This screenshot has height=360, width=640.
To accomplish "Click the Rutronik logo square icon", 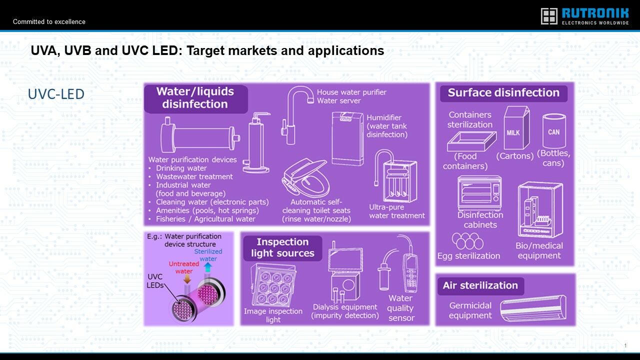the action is point(549,16).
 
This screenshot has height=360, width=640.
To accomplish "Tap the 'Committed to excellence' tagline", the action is point(49,21).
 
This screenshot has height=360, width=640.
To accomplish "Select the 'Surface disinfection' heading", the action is point(503,93).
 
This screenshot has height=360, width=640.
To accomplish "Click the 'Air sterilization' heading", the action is point(480,285).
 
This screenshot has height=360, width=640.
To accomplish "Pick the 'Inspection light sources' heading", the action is point(282,247).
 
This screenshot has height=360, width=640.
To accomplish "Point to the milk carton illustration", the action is point(516,127).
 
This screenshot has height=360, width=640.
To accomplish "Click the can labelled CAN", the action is point(553,130).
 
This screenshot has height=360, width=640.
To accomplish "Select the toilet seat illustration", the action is point(305,177).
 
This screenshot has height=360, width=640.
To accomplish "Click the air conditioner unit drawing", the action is point(533,308).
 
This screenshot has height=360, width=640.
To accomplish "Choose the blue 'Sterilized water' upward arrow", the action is point(208,267).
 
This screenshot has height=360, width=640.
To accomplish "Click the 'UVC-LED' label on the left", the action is point(56,94).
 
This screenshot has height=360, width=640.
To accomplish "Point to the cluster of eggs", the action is point(467,241).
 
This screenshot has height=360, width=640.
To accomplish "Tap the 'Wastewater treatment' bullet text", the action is point(194,176).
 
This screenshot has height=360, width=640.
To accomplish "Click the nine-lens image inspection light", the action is point(273,285).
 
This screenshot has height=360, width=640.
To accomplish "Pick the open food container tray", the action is point(471,141).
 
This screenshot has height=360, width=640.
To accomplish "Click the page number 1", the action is point(625,345).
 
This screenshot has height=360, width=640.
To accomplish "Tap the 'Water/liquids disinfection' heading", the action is point(195,97).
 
